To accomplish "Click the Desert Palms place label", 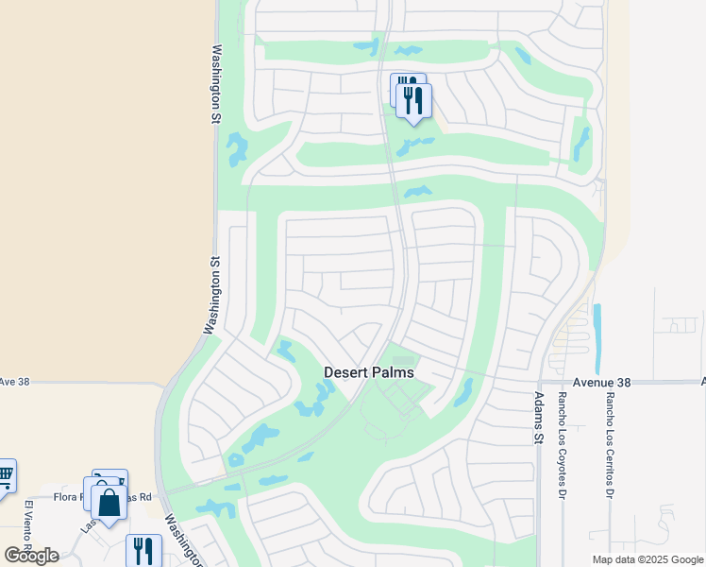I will click(369, 372).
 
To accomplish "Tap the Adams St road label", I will click(539, 420).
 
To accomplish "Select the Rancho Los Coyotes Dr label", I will click(562, 433).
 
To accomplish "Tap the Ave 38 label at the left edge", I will click(15, 382).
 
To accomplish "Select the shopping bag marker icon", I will click(109, 502).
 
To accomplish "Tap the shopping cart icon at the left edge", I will click(5, 474).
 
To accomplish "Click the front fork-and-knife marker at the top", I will click(414, 100).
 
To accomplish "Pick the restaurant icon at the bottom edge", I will click(143, 550).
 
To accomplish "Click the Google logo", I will click(31, 555).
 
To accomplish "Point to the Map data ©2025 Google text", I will click(647, 559).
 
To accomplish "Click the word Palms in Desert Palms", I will click(394, 372).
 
